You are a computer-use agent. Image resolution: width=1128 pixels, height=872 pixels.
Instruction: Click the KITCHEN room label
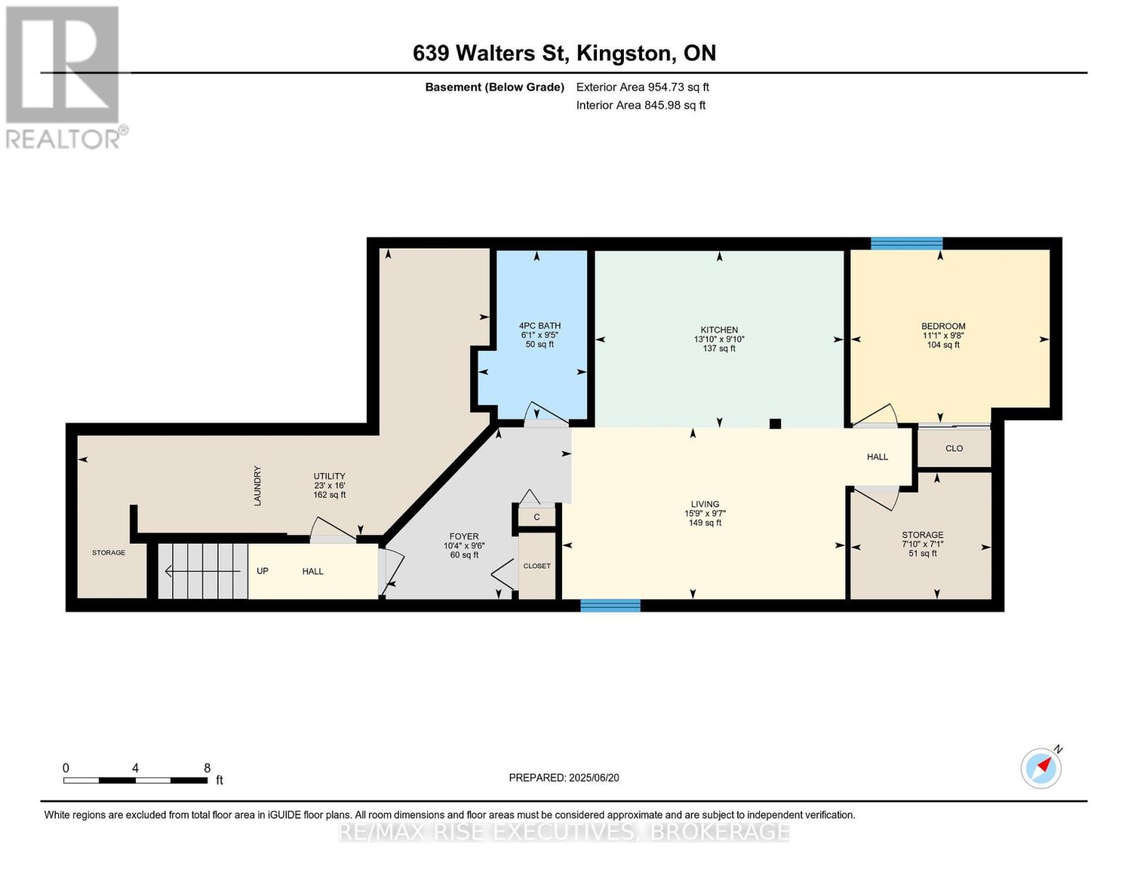[x=719, y=330]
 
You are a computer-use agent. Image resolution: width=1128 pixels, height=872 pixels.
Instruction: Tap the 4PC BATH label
[x=540, y=326]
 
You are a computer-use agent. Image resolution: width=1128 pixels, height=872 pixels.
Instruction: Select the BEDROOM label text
[x=944, y=326]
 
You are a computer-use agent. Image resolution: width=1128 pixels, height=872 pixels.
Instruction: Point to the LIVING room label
[x=705, y=504]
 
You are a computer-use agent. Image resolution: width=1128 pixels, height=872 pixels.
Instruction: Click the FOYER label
[x=464, y=536]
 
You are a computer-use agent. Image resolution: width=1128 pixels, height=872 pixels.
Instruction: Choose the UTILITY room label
[x=329, y=476]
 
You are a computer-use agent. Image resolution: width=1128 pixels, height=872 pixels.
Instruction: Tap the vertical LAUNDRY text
[x=257, y=485]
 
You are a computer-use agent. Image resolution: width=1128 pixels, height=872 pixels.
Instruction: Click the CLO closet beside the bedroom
[x=954, y=448]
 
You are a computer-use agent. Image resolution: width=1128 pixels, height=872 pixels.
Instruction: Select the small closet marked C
[x=537, y=517]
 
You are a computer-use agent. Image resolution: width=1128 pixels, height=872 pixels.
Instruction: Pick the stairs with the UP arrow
[x=203, y=571]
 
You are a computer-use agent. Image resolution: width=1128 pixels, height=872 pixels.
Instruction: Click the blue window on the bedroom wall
[x=906, y=243]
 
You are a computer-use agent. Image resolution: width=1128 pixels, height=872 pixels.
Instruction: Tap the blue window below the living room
[x=610, y=605]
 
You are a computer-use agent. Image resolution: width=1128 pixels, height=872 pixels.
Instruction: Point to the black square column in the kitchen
[x=775, y=424]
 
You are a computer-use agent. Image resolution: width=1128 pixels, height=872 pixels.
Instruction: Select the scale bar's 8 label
[x=207, y=768]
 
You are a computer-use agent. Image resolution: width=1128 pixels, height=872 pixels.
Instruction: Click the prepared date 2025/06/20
[x=594, y=778]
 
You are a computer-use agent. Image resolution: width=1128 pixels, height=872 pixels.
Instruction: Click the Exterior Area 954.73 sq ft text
[x=643, y=87]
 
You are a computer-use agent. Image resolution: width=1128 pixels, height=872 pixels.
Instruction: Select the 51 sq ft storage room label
[x=922, y=554]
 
